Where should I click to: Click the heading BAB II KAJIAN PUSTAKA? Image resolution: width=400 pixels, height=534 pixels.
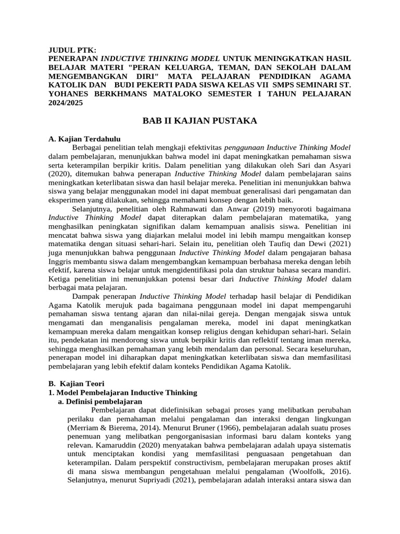200,121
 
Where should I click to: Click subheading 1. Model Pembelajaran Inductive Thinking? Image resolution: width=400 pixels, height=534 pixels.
122,393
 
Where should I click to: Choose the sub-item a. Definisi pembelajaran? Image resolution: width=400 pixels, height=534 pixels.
99,402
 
